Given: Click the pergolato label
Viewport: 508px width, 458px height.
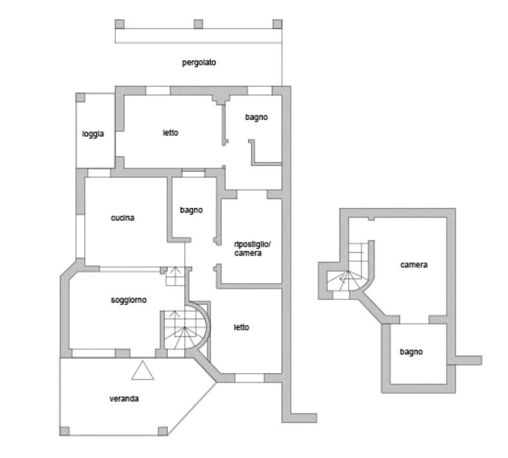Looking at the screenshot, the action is [x=199, y=63].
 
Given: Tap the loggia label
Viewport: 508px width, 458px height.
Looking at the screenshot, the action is [x=93, y=134].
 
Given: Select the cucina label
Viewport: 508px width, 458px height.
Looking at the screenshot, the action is [x=122, y=218].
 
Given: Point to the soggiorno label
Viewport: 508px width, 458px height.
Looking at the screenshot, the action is [x=129, y=300].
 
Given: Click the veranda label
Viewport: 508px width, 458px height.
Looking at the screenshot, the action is [x=124, y=399].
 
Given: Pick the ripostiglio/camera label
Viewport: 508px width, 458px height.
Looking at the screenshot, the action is [x=252, y=249].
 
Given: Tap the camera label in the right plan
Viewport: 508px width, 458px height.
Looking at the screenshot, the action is [x=414, y=265].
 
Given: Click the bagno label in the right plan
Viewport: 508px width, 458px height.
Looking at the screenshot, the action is [x=411, y=352].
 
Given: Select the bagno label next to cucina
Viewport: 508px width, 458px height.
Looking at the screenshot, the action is [x=191, y=210].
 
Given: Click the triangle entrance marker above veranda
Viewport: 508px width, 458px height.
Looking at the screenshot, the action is [x=143, y=371].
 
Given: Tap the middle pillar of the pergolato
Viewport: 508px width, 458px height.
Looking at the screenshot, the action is [x=198, y=24].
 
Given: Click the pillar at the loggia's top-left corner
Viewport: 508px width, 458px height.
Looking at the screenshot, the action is [x=80, y=97].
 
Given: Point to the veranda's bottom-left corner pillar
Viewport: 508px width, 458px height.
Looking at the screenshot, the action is [x=64, y=431].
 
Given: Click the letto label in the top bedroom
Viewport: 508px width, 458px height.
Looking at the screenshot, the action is [x=171, y=133].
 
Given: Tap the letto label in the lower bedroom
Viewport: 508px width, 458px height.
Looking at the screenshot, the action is [x=242, y=327].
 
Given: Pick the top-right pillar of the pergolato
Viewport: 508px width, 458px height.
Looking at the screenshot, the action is [x=277, y=24].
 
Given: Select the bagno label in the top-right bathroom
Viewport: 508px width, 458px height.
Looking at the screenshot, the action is [x=256, y=118].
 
